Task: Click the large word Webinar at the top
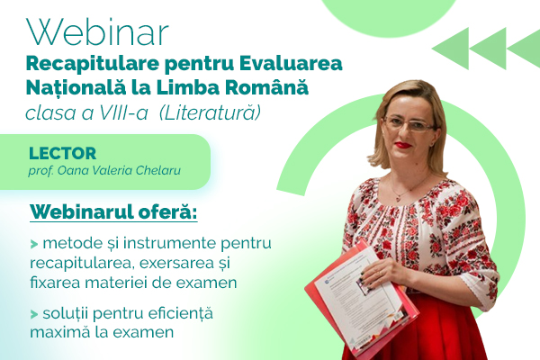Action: click(x=97, y=32)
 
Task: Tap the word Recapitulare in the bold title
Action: click(x=93, y=65)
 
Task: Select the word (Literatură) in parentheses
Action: click(x=210, y=113)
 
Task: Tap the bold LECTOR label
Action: click(x=63, y=153)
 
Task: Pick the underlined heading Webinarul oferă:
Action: click(x=113, y=211)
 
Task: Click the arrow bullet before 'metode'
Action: click(x=34, y=244)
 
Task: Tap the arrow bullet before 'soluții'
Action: click(x=34, y=314)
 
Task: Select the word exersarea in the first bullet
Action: click(x=176, y=263)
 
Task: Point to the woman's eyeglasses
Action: click(x=409, y=125)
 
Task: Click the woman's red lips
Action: click(x=403, y=145)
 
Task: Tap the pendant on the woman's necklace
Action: click(x=399, y=197)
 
